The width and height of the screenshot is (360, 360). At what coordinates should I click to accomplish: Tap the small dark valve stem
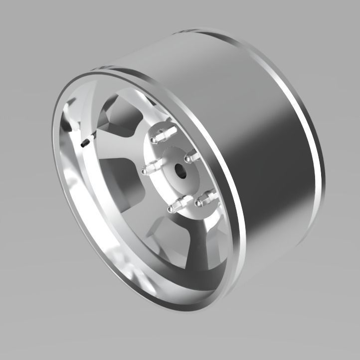(x=85, y=143)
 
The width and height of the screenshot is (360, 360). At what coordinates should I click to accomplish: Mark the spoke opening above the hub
(x=120, y=115)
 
